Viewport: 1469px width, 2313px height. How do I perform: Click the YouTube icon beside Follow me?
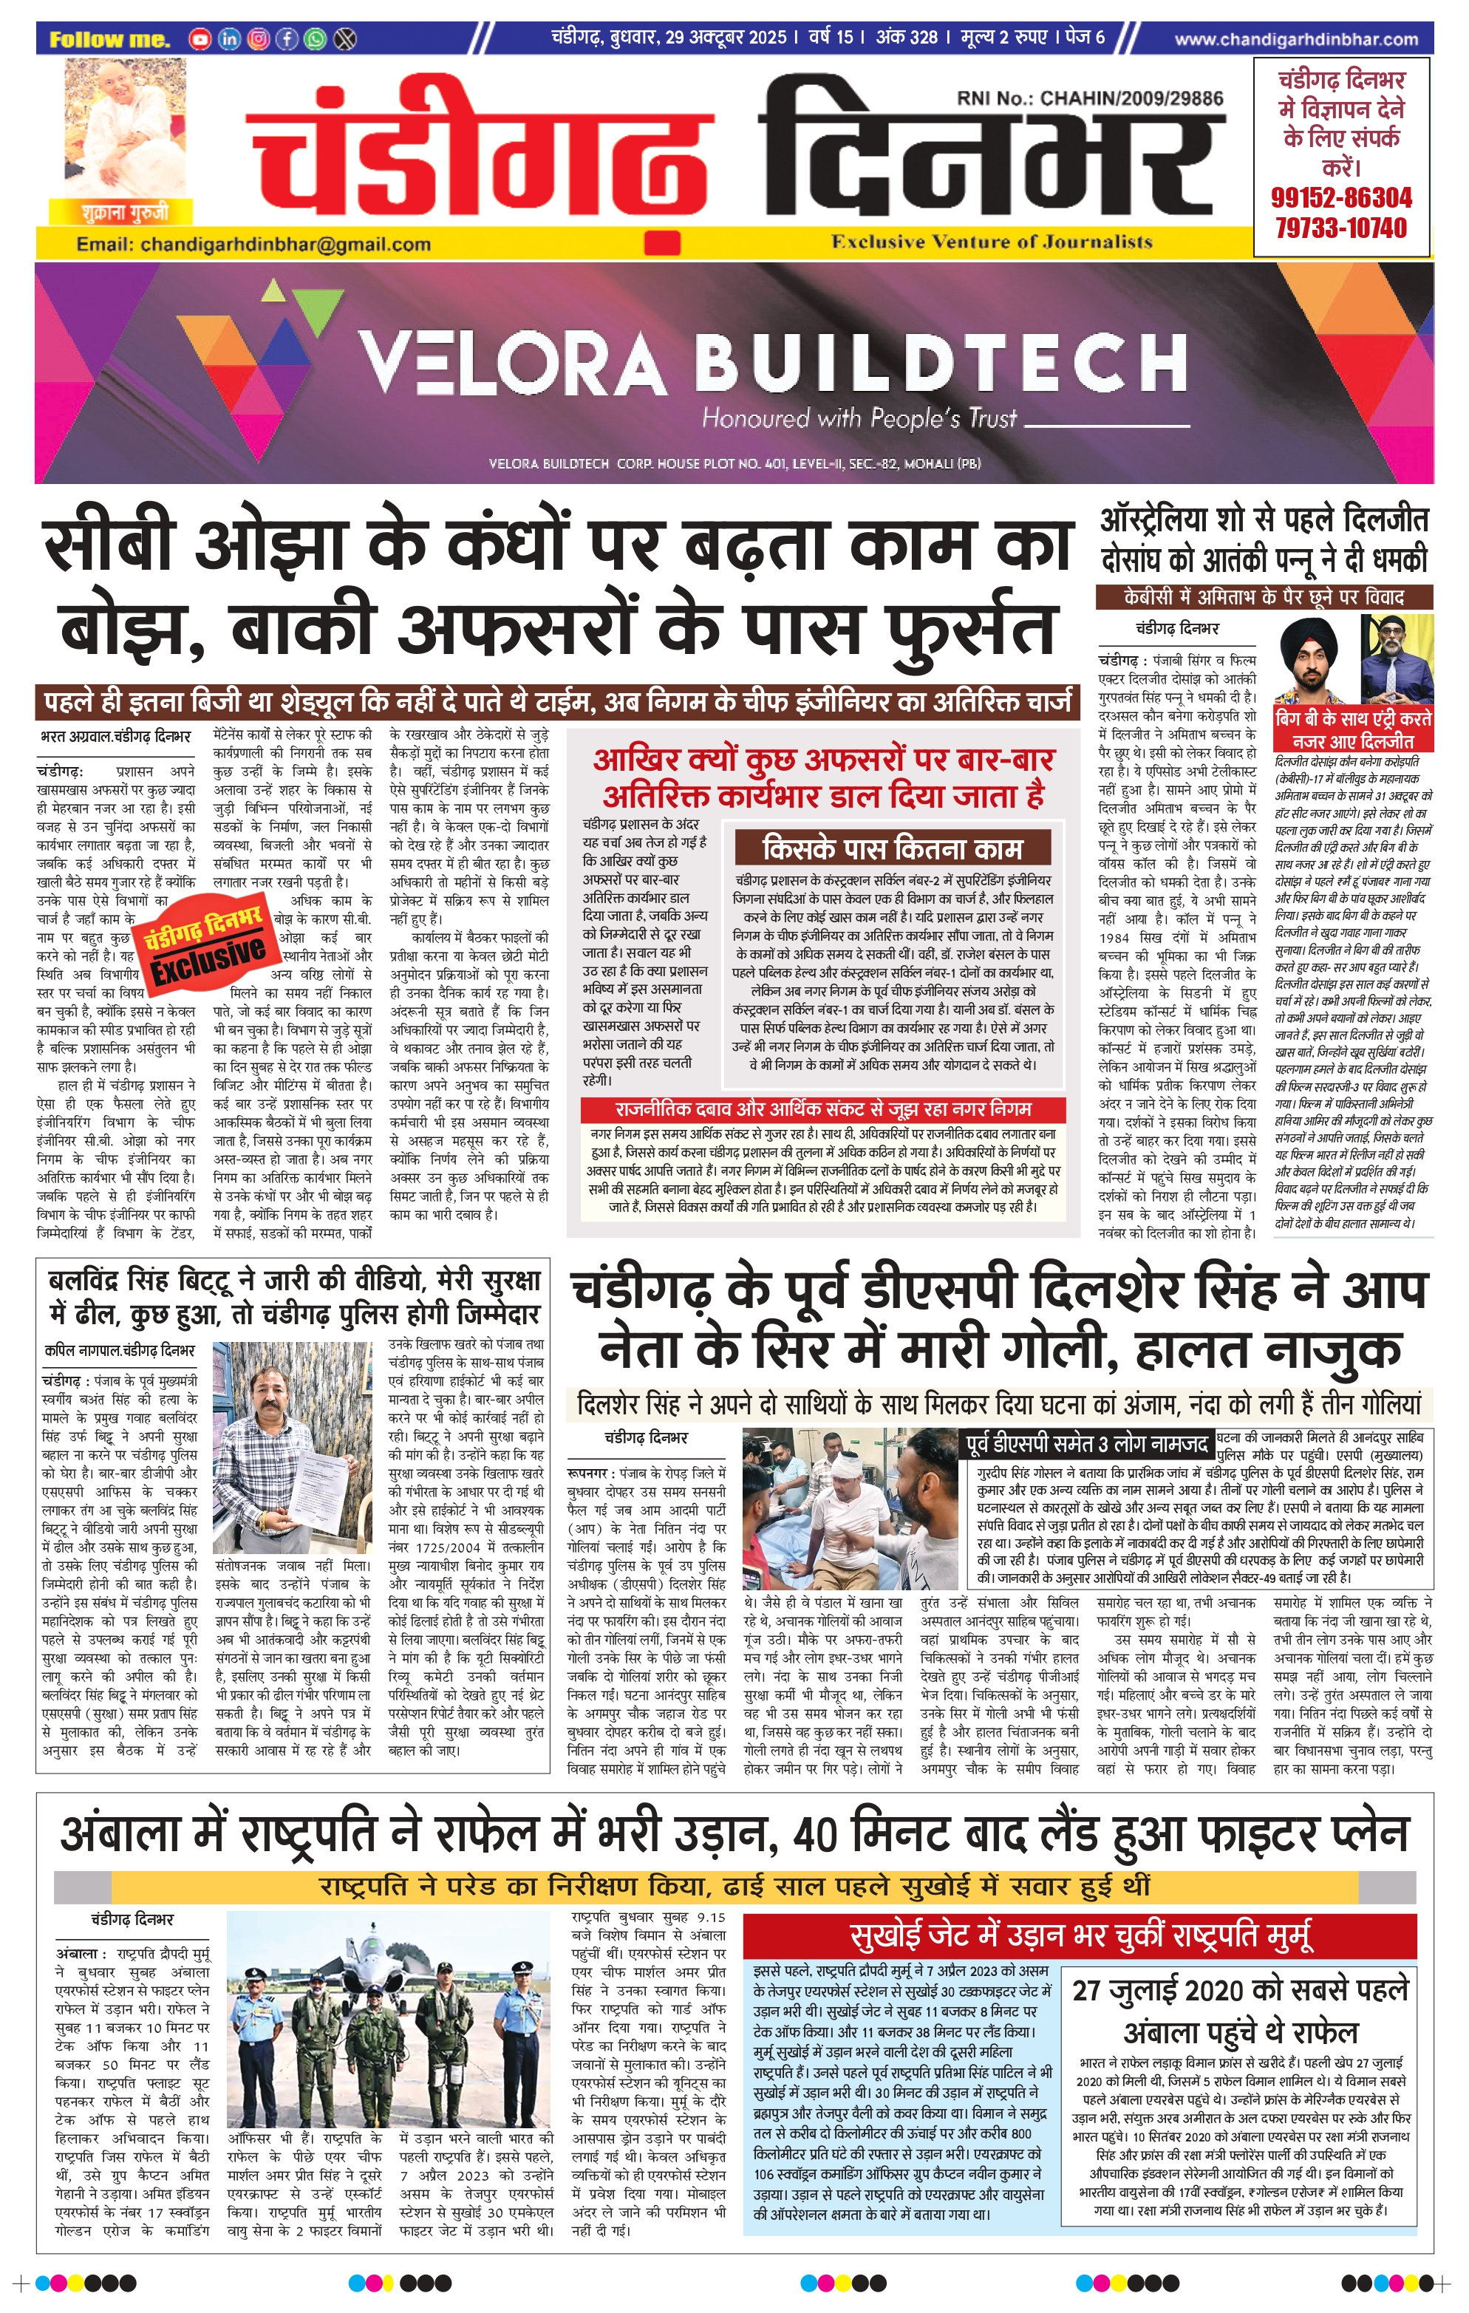[199, 39]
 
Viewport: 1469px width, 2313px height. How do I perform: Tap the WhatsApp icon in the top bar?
[315, 39]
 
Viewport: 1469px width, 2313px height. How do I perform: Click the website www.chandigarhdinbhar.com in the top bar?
[1295, 39]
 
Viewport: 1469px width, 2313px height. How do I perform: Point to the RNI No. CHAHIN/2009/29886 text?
[1089, 98]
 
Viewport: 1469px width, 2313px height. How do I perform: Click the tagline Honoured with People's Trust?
[859, 419]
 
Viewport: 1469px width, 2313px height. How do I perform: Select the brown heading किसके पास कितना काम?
[892, 849]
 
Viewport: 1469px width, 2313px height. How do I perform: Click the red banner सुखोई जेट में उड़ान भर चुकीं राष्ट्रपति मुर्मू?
[1080, 1934]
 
